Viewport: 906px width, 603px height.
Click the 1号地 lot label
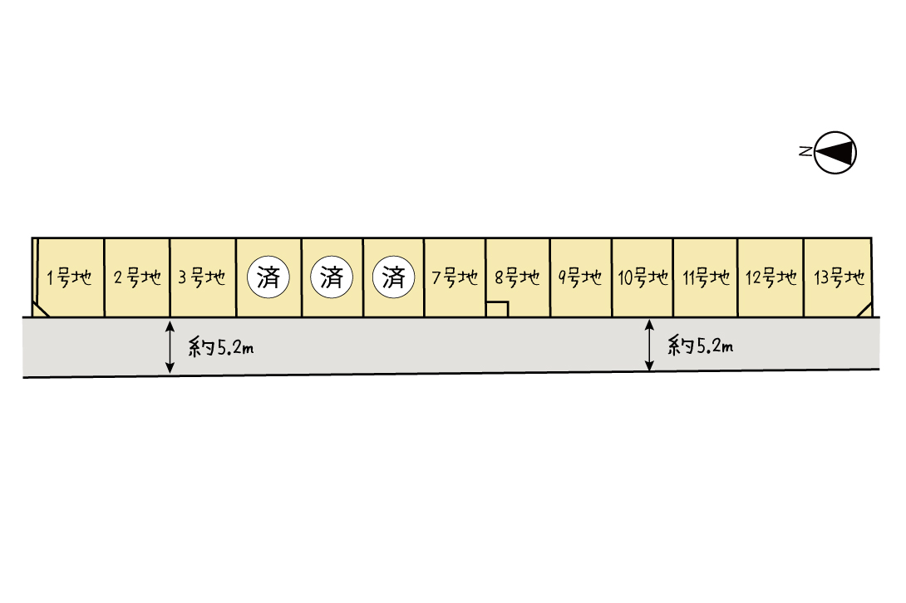tap(69, 277)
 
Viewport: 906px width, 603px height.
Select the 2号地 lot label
tap(137, 277)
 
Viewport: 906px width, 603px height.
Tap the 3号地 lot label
tap(202, 277)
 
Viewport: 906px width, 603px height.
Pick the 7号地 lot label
tap(455, 277)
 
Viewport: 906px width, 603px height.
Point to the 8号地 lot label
tap(517, 277)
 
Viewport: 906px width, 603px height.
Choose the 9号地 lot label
tap(580, 277)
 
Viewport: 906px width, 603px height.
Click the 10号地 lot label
tap(643, 277)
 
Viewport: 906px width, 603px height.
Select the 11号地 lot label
tap(706, 277)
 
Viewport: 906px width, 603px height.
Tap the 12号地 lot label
tap(771, 277)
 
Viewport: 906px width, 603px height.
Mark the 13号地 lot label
tap(839, 277)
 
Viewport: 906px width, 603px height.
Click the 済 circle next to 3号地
tap(268, 277)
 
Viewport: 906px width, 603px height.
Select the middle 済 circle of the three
tap(332, 277)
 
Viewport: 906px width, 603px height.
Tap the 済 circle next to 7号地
tap(393, 277)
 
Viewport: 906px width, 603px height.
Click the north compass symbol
tap(835, 153)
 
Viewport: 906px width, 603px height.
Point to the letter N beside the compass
tap(805, 151)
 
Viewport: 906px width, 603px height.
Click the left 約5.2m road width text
tap(221, 348)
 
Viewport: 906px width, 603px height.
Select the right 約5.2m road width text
tap(701, 346)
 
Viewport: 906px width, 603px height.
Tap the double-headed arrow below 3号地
tap(170, 346)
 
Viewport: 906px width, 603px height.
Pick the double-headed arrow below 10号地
tap(649, 345)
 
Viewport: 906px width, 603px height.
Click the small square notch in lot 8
tap(497, 310)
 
